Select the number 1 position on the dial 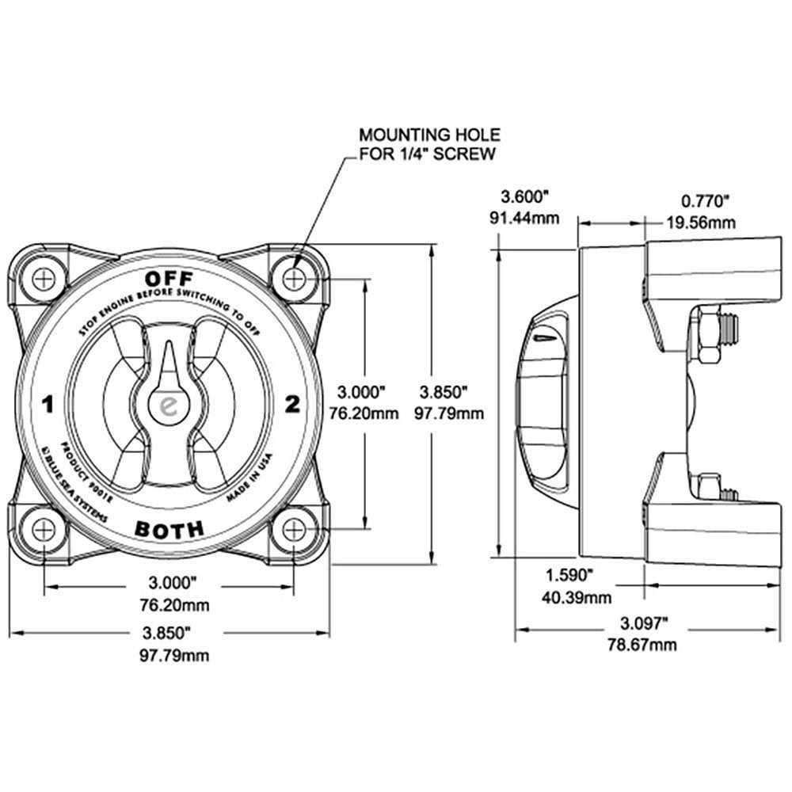tap(48, 406)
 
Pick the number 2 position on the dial tap(291, 405)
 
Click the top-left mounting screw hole tap(44, 279)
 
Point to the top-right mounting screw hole tap(295, 279)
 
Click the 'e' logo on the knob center tap(169, 405)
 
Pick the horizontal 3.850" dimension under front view tap(169, 633)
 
